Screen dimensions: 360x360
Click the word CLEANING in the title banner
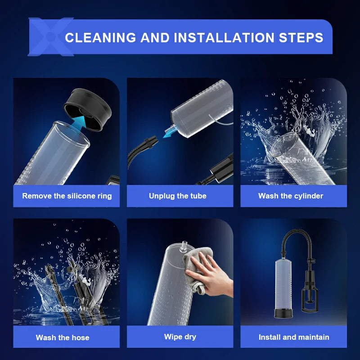click(100, 37)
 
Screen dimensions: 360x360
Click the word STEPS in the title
click(301, 37)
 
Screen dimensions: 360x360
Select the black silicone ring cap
click(88, 109)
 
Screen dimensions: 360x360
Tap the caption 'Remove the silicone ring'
click(67, 196)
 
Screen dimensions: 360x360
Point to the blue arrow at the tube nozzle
click(170, 132)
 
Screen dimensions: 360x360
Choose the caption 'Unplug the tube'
click(178, 196)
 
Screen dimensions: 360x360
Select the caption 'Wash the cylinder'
click(291, 196)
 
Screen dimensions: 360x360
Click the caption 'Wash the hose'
click(63, 337)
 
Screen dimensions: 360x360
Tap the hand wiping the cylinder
click(209, 274)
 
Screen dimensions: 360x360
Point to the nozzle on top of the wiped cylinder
click(184, 246)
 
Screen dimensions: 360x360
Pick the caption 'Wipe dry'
click(180, 337)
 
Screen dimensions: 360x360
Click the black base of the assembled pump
click(283, 313)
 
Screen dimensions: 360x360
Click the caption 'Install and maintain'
click(294, 337)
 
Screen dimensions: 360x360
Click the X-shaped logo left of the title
click(51, 37)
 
